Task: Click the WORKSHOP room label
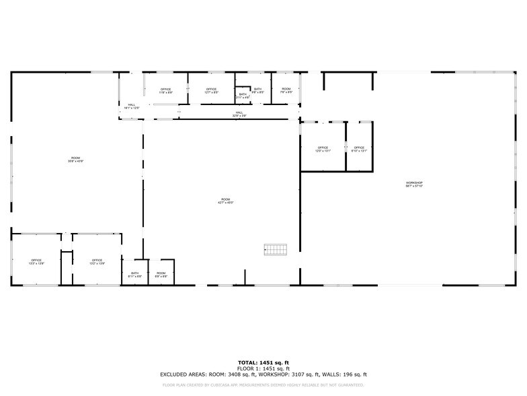(414, 184)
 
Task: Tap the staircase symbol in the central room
(275, 249)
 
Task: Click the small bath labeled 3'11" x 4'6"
(243, 96)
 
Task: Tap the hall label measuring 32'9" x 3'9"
(239, 114)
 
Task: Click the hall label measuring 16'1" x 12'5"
(132, 106)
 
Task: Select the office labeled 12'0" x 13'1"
(323, 149)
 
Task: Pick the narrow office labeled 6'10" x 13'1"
(359, 149)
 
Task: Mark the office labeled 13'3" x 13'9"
(36, 261)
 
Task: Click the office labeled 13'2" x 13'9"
(97, 261)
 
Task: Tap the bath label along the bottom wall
(134, 274)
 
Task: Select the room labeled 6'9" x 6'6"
(161, 274)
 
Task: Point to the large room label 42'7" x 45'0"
(225, 201)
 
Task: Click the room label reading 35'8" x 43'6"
(75, 160)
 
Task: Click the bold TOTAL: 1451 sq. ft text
(263, 362)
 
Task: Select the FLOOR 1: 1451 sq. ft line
(263, 368)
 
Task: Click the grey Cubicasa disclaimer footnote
(263, 385)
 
